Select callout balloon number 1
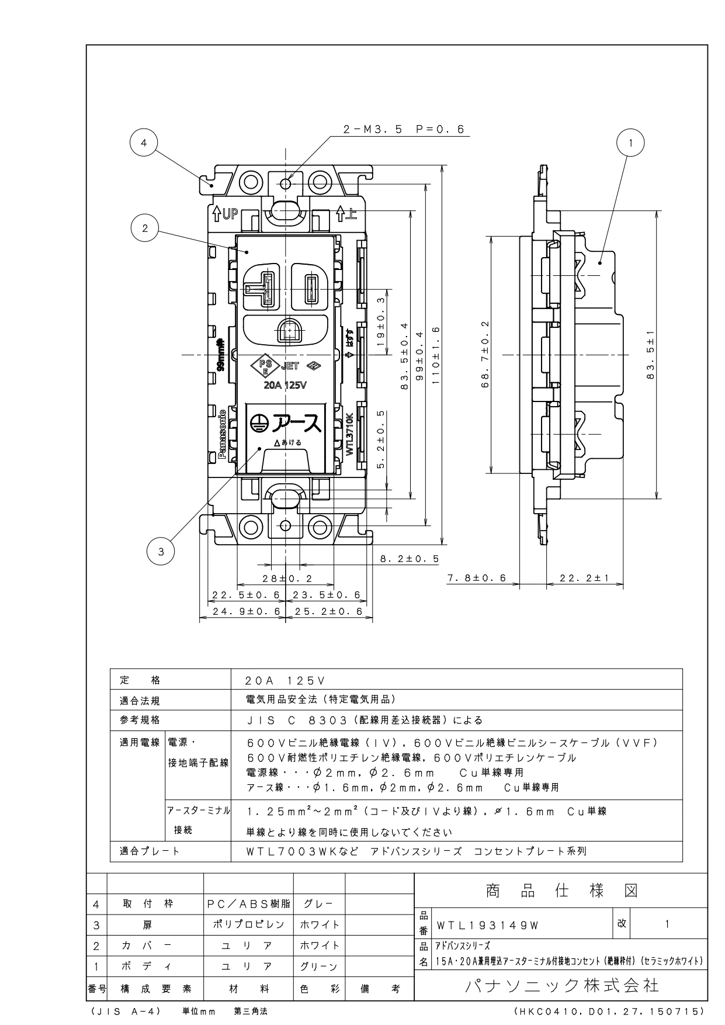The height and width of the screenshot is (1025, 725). (x=630, y=142)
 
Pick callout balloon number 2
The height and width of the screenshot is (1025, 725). (x=145, y=228)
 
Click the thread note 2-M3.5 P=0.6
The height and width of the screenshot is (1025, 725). (x=404, y=130)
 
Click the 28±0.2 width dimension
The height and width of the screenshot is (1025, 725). (x=286, y=579)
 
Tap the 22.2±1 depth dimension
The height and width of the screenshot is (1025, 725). (x=584, y=578)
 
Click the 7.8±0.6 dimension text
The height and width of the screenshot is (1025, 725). (x=477, y=578)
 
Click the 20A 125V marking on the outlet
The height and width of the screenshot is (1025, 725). (x=286, y=385)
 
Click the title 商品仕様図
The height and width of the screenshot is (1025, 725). (x=561, y=891)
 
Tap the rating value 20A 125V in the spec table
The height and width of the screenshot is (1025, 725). (x=286, y=681)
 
